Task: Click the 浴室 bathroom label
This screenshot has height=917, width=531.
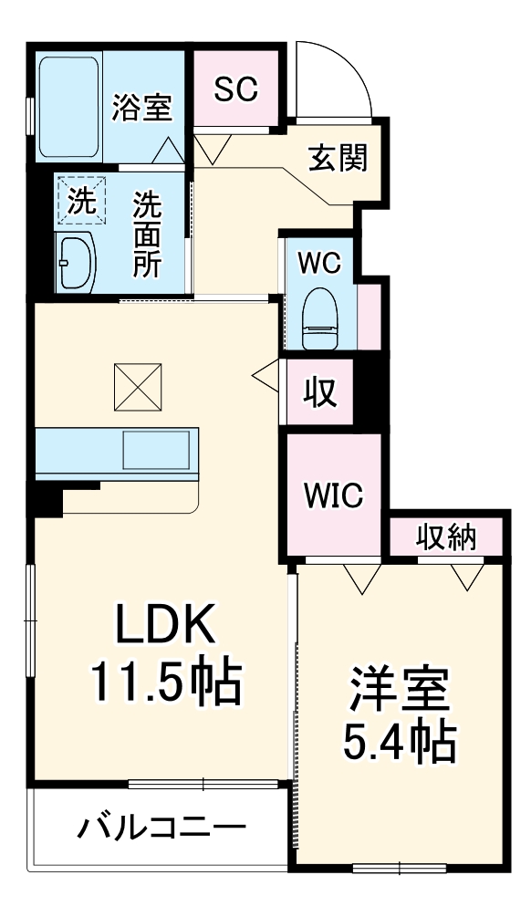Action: point(141,107)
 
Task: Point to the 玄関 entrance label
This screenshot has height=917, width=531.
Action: point(337,159)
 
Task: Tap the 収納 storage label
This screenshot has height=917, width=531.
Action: point(447,537)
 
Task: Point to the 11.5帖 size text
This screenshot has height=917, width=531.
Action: point(164,683)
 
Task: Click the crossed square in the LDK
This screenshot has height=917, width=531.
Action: point(137,387)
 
